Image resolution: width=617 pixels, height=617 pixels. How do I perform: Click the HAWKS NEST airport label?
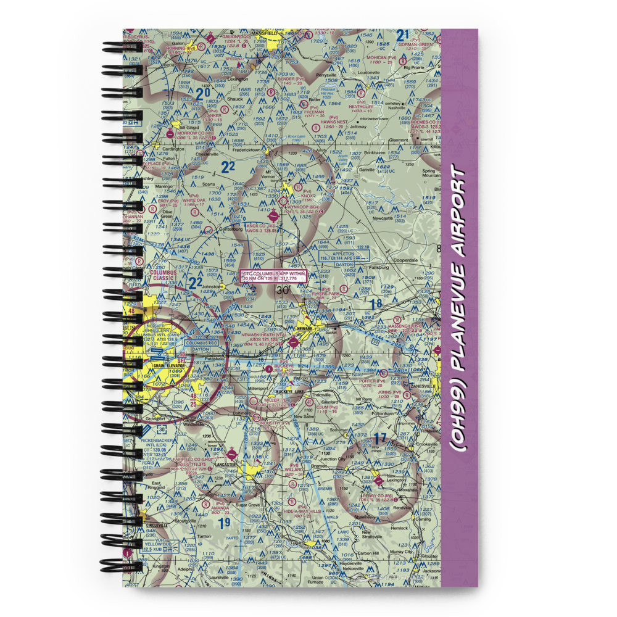tap(334, 122)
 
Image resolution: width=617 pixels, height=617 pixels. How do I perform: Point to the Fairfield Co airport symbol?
tap(231, 452)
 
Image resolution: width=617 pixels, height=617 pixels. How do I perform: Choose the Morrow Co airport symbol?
tap(170, 133)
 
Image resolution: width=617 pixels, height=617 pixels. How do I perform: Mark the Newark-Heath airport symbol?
tap(293, 343)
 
